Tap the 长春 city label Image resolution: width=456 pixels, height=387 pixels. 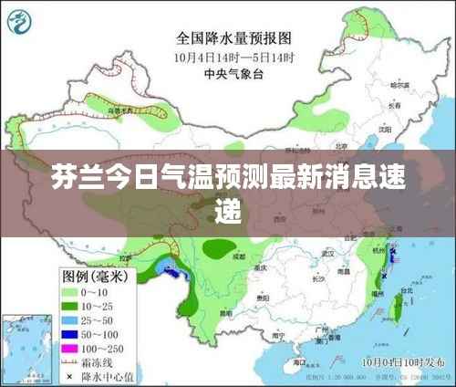tap(394, 105)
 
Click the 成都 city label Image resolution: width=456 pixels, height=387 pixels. tap(239, 257)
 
